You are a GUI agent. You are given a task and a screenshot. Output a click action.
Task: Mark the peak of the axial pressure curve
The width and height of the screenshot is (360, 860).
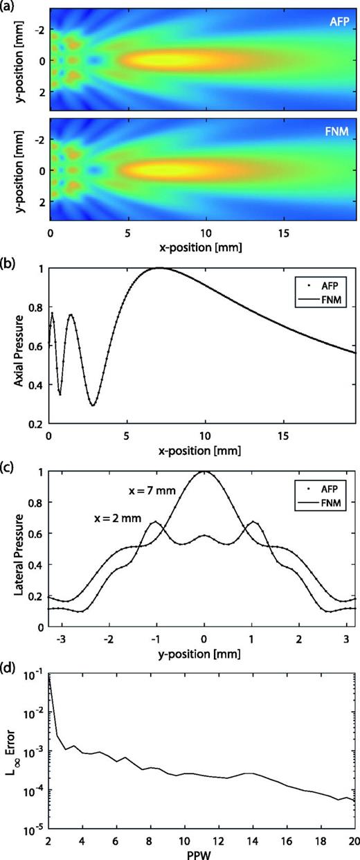tap(159, 268)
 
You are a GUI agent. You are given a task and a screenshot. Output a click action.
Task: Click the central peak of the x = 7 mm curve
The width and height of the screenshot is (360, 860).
tap(204, 472)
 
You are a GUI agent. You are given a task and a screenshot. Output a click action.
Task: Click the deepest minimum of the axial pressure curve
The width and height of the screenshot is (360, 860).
tap(93, 405)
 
